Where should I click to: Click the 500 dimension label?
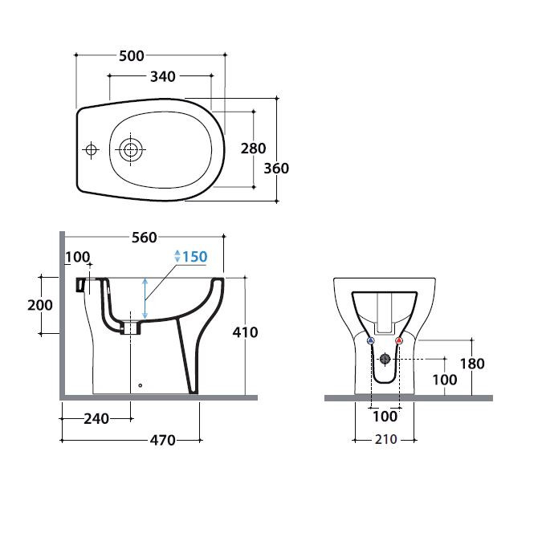click(x=132, y=55)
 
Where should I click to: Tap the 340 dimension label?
click(x=163, y=76)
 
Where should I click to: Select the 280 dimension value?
click(x=254, y=148)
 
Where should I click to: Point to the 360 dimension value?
click(x=276, y=169)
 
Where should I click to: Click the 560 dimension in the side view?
click(x=145, y=238)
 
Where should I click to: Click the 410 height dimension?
click(x=245, y=332)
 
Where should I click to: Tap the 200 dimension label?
click(x=40, y=305)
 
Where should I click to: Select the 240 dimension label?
click(x=96, y=419)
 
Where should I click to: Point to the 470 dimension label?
click(x=162, y=440)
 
